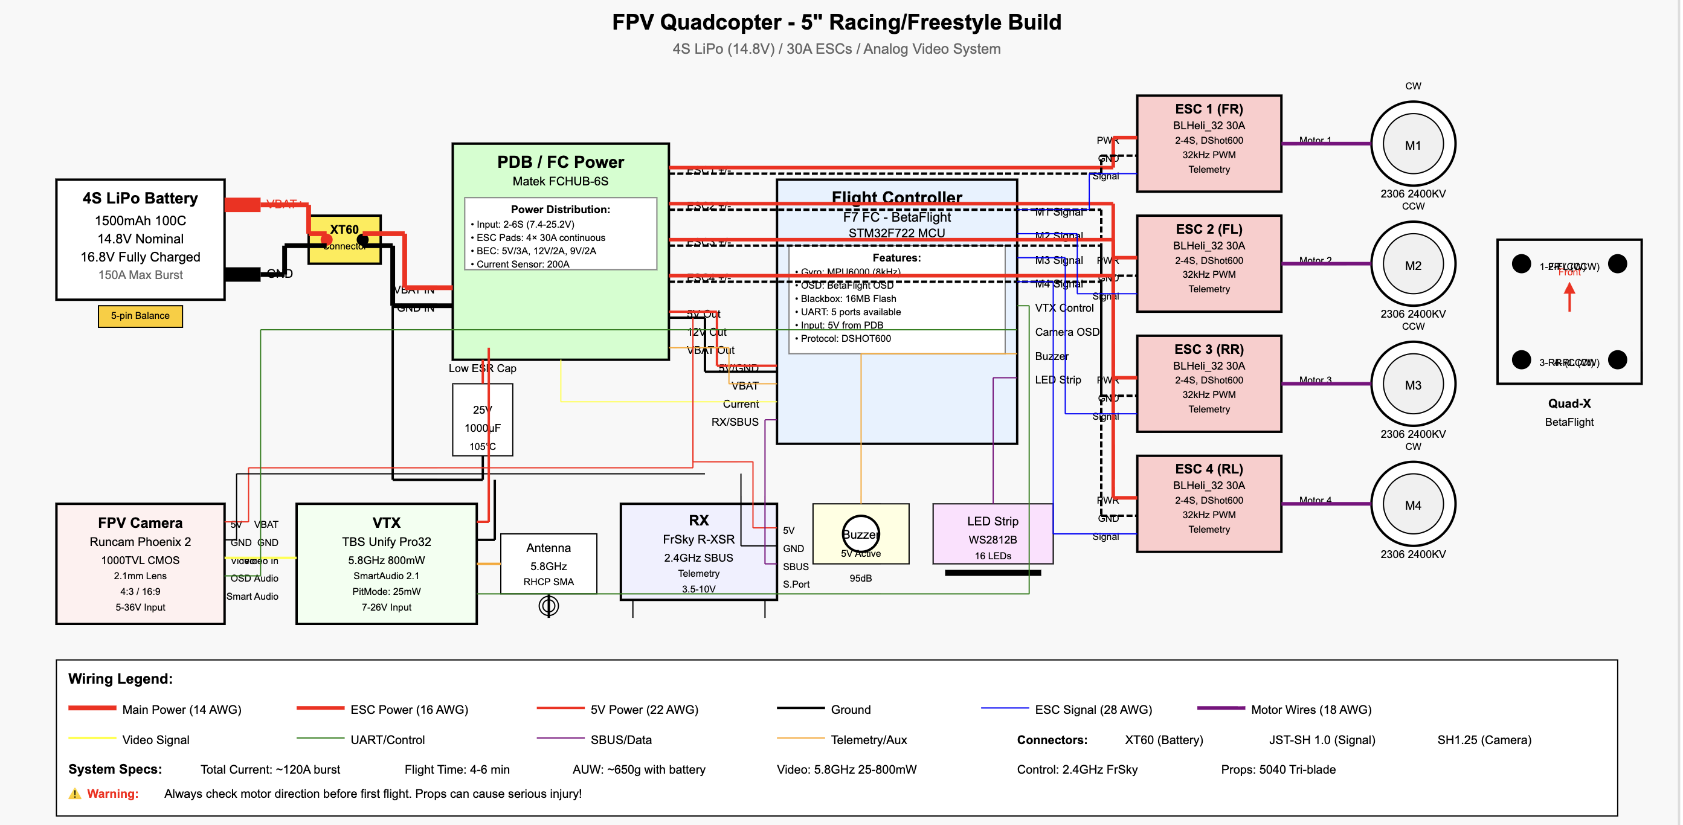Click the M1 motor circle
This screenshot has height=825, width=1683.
click(x=1412, y=144)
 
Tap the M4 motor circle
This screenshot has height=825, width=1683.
click(x=1412, y=504)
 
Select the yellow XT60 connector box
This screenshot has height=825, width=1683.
click(x=344, y=239)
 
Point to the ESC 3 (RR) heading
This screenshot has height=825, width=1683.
click(x=1208, y=350)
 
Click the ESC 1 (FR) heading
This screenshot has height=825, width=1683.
click(x=1208, y=109)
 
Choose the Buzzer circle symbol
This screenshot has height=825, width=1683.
click(x=860, y=534)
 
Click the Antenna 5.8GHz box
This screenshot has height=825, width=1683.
click(x=548, y=563)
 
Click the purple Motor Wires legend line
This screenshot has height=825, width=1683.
click(x=1220, y=708)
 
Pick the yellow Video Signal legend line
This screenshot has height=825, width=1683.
click(x=92, y=738)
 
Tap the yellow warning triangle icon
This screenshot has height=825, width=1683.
click(x=75, y=794)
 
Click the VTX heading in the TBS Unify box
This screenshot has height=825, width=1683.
click(x=386, y=522)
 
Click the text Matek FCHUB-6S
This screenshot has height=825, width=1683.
click(x=560, y=181)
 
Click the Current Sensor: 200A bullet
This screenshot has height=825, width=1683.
click(x=522, y=264)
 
